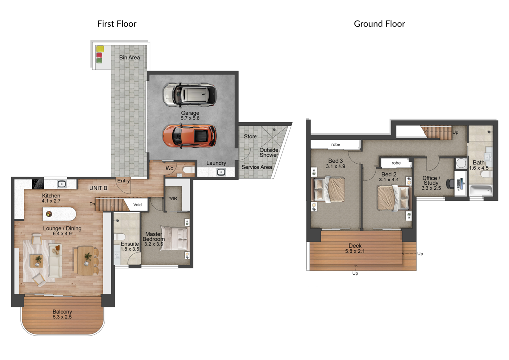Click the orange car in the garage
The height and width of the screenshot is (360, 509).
tap(189, 135)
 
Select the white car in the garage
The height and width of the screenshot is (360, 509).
tap(189, 95)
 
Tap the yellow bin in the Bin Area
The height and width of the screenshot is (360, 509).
tap(100, 49)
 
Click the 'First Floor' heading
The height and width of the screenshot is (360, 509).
tap(117, 24)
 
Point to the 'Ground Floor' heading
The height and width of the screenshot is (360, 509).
tap(379, 24)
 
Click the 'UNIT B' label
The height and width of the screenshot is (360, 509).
tap(98, 188)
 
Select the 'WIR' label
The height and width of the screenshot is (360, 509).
tap(173, 198)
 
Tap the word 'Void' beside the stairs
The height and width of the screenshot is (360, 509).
tap(137, 205)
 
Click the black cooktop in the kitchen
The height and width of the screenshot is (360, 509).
tap(38, 184)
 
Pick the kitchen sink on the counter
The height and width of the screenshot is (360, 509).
tap(61, 184)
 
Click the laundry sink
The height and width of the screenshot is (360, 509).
tap(221, 172)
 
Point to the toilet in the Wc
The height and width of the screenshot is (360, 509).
tap(188, 170)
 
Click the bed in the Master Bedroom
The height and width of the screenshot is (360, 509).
tap(174, 238)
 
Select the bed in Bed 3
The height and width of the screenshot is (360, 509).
tap(328, 189)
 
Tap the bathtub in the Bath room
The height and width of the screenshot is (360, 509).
tap(481, 191)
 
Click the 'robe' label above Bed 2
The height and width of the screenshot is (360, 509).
tap(396, 163)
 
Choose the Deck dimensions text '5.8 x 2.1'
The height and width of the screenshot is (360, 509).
tap(355, 251)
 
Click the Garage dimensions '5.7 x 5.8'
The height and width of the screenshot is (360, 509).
tap(190, 118)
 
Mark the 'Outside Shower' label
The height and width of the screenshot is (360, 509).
tap(269, 152)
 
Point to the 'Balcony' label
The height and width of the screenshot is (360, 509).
tap(62, 312)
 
